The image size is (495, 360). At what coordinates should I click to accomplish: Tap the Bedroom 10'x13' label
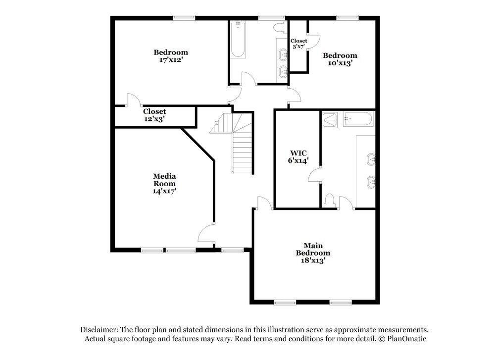[340, 59]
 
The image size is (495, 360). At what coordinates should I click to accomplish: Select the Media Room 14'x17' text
[164, 183]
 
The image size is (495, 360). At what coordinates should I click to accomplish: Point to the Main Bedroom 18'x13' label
[313, 253]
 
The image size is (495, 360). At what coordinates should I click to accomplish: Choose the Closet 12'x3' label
[154, 115]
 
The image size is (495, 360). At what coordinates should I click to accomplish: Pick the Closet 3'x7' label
[298, 44]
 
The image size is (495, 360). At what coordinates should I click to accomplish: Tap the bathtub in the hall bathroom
[238, 40]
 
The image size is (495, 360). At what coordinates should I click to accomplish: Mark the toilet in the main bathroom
[329, 200]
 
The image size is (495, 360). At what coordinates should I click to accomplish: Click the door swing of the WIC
[314, 175]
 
